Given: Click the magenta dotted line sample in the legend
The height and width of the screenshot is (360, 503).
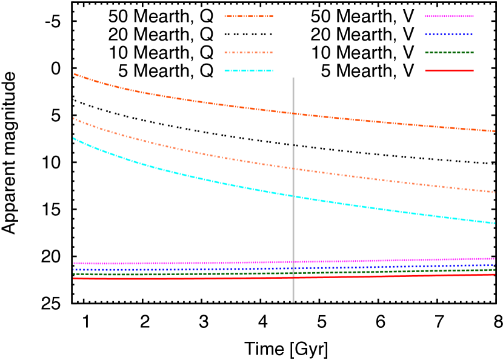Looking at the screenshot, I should (x=449, y=16).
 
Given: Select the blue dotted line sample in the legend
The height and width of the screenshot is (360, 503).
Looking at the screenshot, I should (x=449, y=35).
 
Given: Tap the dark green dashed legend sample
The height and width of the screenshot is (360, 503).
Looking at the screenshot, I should (x=449, y=53).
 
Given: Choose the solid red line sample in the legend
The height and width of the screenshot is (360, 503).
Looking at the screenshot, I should (x=449, y=71).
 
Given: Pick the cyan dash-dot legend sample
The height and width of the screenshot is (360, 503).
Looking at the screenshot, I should (x=248, y=71).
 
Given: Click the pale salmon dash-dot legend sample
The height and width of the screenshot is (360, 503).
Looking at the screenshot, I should (x=248, y=53).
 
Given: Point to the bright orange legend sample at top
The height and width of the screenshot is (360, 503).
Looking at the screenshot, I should (x=248, y=16).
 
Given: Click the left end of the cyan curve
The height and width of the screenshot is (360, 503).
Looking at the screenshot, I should (x=73, y=138).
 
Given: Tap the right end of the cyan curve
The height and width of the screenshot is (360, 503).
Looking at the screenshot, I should (x=495, y=223).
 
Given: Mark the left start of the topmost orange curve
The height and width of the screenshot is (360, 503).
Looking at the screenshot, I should (x=73, y=73).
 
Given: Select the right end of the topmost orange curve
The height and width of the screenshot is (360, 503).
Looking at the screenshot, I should (x=495, y=131).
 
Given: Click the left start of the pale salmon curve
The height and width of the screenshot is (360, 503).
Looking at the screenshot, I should (x=73, y=118).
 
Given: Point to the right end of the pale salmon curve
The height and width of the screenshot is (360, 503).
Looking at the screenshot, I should (x=495, y=192).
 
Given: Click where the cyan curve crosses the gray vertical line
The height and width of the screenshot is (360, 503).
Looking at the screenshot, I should (x=293, y=196).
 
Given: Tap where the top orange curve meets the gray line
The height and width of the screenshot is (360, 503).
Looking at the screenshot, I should (x=293, y=113).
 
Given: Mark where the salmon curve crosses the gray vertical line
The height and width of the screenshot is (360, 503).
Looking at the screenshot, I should (x=293, y=168).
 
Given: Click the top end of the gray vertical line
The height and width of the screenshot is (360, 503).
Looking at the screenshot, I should (x=293, y=78).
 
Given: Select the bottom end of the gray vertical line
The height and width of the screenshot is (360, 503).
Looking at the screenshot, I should (x=293, y=302).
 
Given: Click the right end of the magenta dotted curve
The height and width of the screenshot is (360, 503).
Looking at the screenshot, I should (x=495, y=259).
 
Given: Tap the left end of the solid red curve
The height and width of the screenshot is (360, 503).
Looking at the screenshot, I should (x=73, y=278).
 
